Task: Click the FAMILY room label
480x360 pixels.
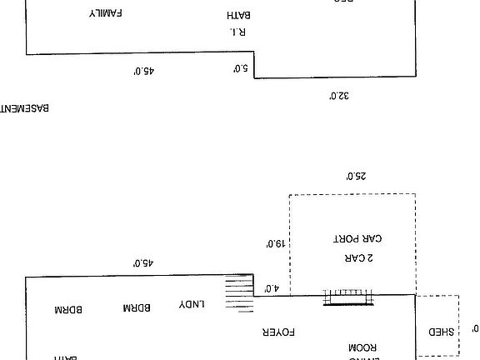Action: click(107, 14)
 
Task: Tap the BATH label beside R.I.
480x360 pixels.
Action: click(239, 15)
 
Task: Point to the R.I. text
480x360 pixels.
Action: click(238, 32)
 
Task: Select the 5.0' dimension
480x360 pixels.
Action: click(241, 68)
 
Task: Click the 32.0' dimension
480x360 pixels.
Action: click(338, 96)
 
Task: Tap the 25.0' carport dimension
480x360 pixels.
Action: click(356, 177)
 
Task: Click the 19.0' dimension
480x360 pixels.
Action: click(276, 244)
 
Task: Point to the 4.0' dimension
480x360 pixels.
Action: click(271, 288)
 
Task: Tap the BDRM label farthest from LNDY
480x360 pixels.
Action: click(68, 309)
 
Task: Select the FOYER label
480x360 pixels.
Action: click(279, 332)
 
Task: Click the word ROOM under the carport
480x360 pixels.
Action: click(363, 347)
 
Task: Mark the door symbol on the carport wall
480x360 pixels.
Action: click(349, 297)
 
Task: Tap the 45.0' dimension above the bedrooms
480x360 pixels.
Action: click(142, 262)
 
